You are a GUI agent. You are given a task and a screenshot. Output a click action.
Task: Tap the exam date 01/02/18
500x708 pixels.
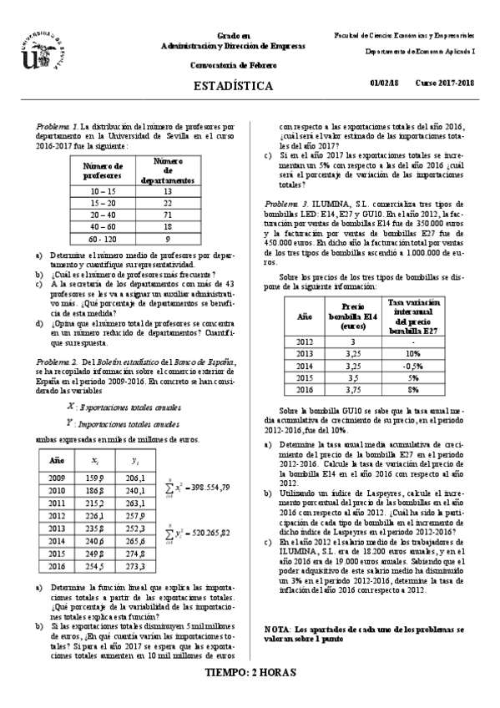coord(385,83)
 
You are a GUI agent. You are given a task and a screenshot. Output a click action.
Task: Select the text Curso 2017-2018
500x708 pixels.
coord(445,83)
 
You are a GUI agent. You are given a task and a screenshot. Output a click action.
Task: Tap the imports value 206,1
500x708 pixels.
coord(134,478)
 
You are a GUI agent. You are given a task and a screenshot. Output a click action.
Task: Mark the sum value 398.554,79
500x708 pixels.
coord(199,486)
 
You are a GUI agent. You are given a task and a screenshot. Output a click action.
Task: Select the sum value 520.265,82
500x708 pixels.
coord(199,532)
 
